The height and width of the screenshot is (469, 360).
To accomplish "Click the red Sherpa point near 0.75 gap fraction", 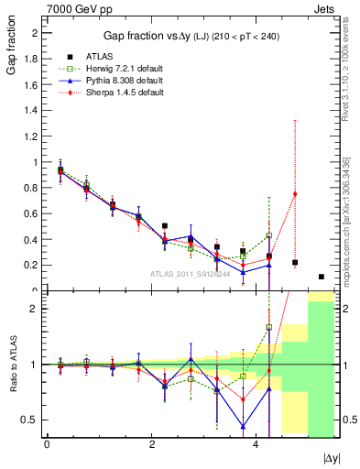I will (295, 193).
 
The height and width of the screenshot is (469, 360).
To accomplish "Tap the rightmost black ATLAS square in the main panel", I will (321, 277).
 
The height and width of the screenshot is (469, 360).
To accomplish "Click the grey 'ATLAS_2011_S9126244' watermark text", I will (192, 274).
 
